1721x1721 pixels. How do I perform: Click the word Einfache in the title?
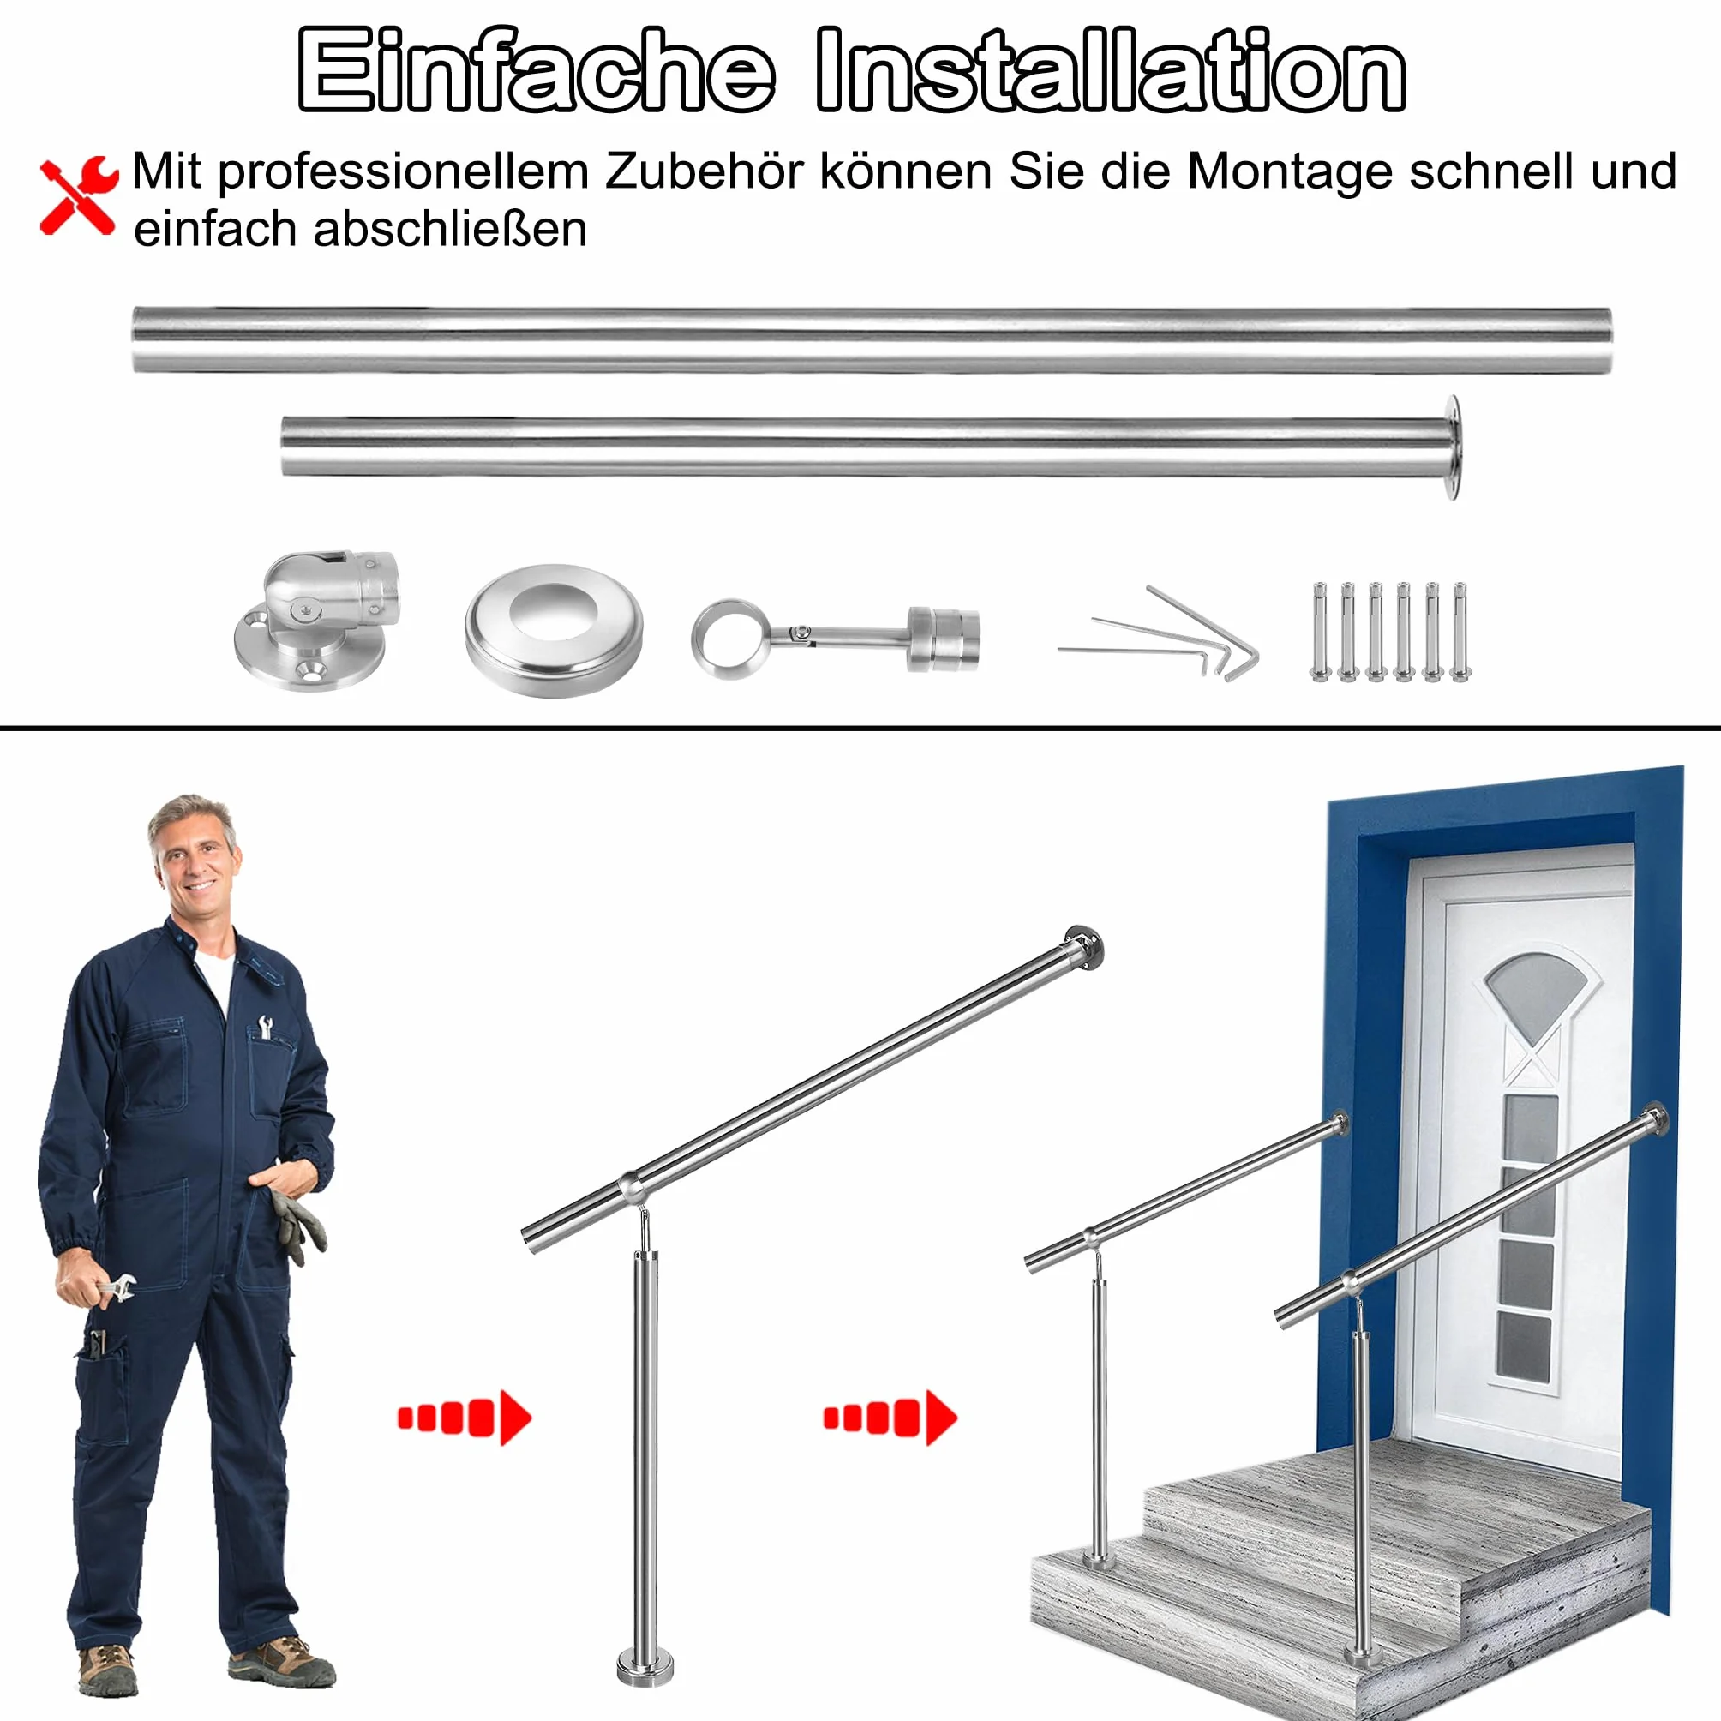point(536,69)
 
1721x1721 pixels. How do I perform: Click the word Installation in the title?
point(1111,69)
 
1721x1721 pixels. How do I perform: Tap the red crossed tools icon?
point(78,196)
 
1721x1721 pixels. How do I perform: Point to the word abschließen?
point(450,229)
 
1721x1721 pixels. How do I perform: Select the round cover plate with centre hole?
point(553,630)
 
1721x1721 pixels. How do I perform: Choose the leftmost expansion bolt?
point(1319,632)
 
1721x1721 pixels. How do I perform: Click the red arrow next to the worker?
point(464,1418)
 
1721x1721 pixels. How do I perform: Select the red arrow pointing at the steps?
point(890,1418)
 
